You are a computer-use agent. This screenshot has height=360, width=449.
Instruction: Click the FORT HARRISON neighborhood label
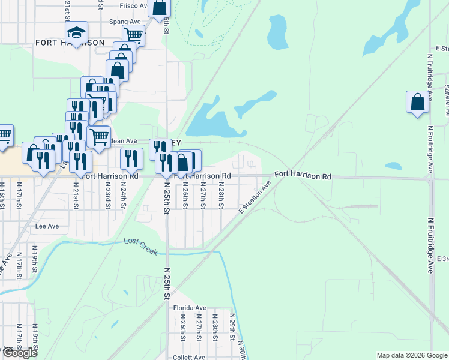click(x=70, y=43)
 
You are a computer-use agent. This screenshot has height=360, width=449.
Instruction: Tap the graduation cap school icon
click(x=77, y=32)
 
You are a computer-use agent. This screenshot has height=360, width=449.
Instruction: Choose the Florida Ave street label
click(x=190, y=308)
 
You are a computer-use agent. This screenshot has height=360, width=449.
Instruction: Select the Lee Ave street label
click(x=47, y=226)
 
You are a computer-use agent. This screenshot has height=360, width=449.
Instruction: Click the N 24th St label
click(x=122, y=196)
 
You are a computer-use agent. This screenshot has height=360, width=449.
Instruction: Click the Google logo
click(x=20, y=353)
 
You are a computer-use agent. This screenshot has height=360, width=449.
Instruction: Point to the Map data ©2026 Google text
click(x=412, y=355)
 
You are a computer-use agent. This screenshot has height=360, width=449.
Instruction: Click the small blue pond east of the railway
click(x=393, y=166)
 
